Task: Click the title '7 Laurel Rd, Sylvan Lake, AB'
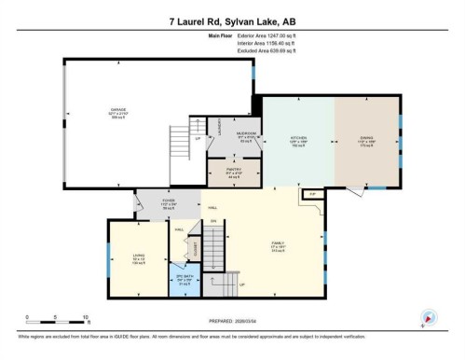pyautogui.click(x=233, y=21)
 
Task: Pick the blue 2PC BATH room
pyautogui.click(x=184, y=279)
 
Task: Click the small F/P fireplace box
pyautogui.click(x=313, y=194)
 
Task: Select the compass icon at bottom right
pyautogui.click(x=428, y=317)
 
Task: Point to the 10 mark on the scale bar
pyautogui.click(x=86, y=317)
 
